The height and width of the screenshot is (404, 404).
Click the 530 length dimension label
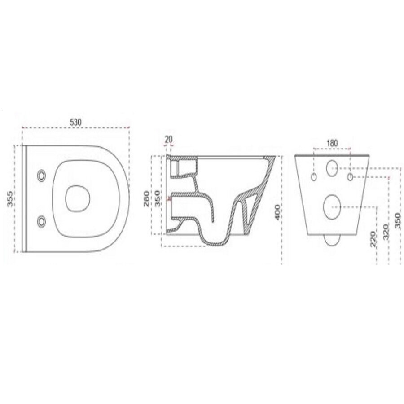(x=76, y=122)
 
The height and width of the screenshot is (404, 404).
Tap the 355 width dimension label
(x=11, y=198)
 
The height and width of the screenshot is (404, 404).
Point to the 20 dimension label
(x=169, y=139)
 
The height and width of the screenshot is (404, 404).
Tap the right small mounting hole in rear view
(x=351, y=176)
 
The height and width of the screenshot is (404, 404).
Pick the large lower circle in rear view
(x=332, y=206)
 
